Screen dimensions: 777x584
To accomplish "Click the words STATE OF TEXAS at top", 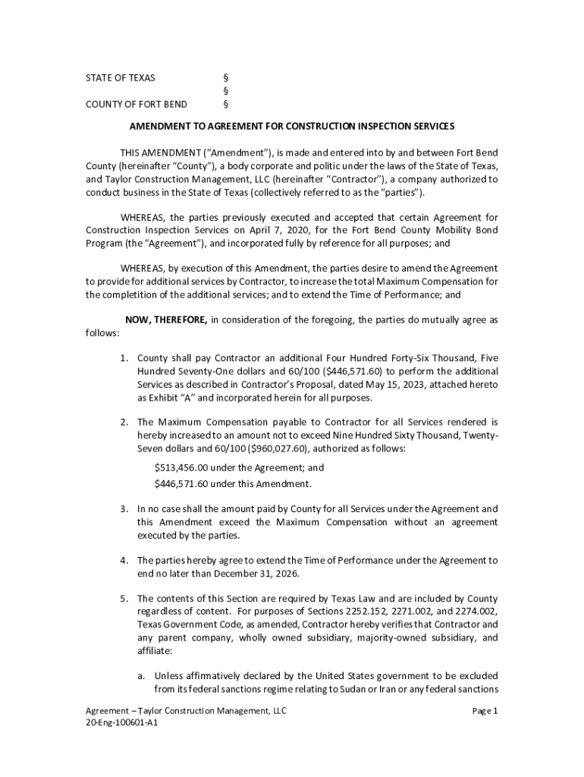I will tap(120, 77).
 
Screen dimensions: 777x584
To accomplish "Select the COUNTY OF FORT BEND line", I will tap(136, 104).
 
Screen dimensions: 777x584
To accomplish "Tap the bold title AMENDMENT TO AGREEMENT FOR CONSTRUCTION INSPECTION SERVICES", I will tap(291, 125).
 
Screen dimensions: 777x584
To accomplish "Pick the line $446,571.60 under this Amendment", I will tap(232, 483).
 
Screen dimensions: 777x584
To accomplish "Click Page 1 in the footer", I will tap(484, 711).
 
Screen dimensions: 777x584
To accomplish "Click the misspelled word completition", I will tap(141, 294).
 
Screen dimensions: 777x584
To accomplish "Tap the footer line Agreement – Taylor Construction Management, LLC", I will tap(186, 711).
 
